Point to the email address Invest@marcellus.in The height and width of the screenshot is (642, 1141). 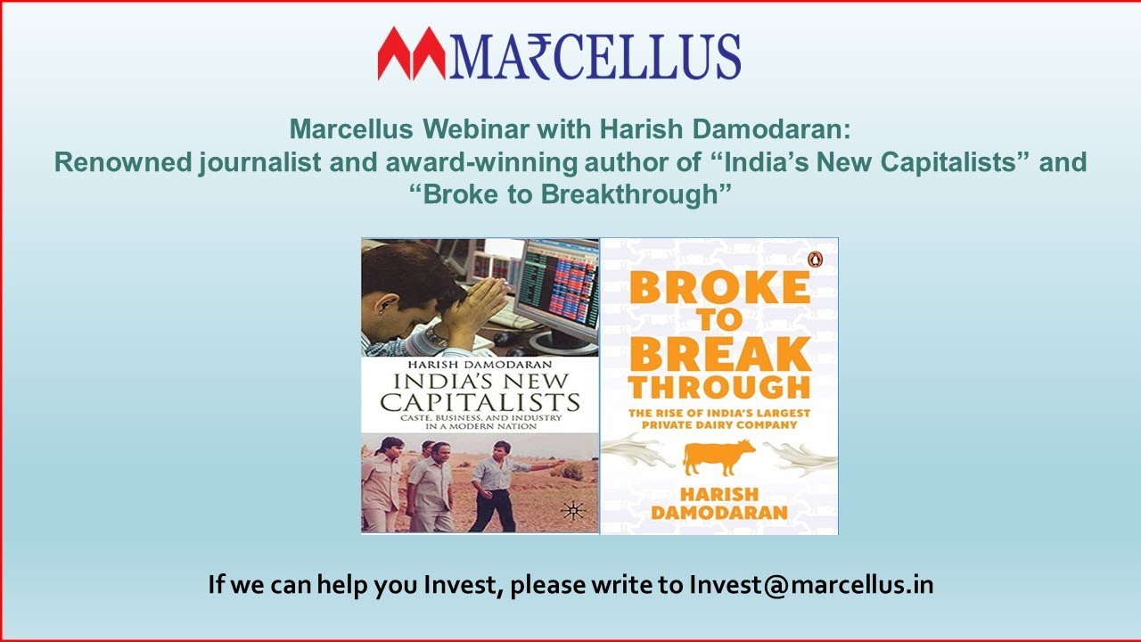811,585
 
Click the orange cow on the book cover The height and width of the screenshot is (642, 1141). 718,457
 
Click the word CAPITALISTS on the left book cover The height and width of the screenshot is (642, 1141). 480,401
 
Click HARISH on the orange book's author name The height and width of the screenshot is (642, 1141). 718,495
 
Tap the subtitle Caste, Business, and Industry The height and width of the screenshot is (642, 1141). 480,416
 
